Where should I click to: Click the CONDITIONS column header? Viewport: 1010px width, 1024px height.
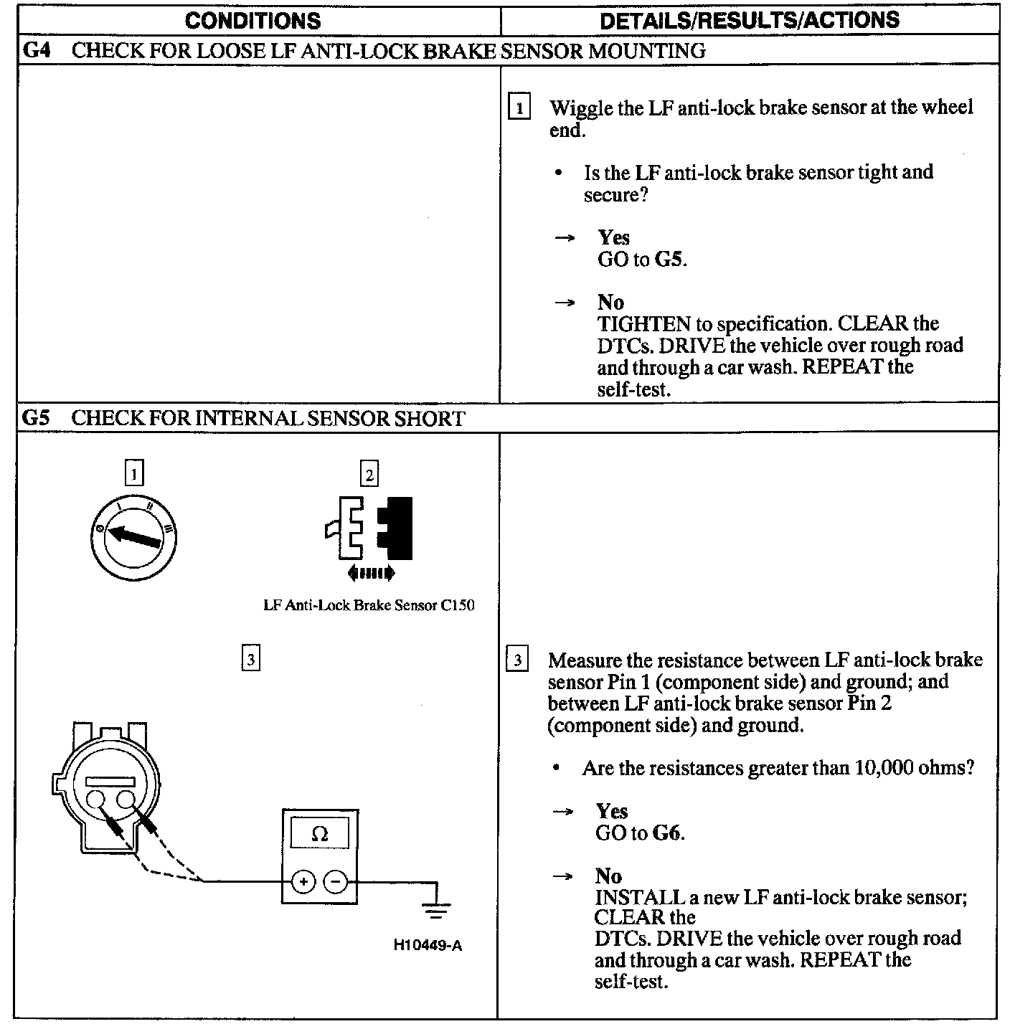point(252,20)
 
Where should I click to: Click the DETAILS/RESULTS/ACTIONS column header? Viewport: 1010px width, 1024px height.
point(749,20)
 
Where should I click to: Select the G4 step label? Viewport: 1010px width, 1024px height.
point(36,51)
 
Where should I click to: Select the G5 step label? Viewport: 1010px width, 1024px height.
point(36,418)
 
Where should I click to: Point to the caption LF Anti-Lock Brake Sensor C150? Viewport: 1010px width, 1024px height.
point(369,605)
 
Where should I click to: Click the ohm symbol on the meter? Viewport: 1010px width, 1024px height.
point(320,834)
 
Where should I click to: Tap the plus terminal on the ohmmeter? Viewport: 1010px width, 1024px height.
point(303,881)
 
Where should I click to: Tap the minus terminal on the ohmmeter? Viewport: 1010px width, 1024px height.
point(335,881)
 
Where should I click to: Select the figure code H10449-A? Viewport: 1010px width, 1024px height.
point(428,945)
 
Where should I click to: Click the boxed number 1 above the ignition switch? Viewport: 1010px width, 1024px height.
point(134,473)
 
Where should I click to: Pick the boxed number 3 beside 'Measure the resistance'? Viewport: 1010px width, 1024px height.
point(517,659)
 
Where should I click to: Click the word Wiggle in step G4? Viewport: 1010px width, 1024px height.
point(581,108)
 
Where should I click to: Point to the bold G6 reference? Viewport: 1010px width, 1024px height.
point(668,833)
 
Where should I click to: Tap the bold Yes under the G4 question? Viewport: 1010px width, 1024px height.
point(613,237)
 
